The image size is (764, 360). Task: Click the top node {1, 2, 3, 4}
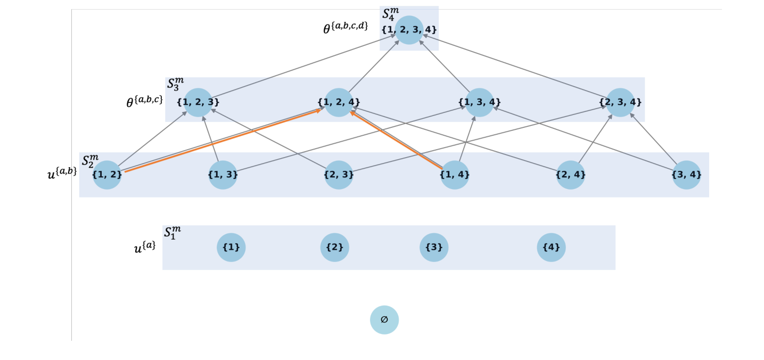[x=409, y=30]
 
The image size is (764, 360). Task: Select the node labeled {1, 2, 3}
[x=198, y=102]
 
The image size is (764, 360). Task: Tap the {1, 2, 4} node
[x=339, y=102]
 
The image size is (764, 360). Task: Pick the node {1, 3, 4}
[x=479, y=102]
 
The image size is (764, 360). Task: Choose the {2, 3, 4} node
[x=620, y=102]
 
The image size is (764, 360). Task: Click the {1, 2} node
[x=107, y=175]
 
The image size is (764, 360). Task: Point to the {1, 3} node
[x=223, y=175]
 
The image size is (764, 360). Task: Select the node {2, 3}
[x=339, y=175]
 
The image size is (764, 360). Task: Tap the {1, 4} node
[x=455, y=175]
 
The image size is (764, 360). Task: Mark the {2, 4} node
[x=571, y=175]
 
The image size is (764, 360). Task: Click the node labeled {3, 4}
[x=686, y=175]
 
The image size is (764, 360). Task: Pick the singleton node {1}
[x=231, y=248]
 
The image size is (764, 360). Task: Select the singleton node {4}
[x=551, y=248]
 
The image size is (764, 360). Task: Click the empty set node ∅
[x=384, y=320]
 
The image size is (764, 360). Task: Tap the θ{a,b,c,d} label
[x=346, y=27]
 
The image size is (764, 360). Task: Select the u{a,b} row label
[x=62, y=172]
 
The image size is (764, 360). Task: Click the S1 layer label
[x=172, y=233]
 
